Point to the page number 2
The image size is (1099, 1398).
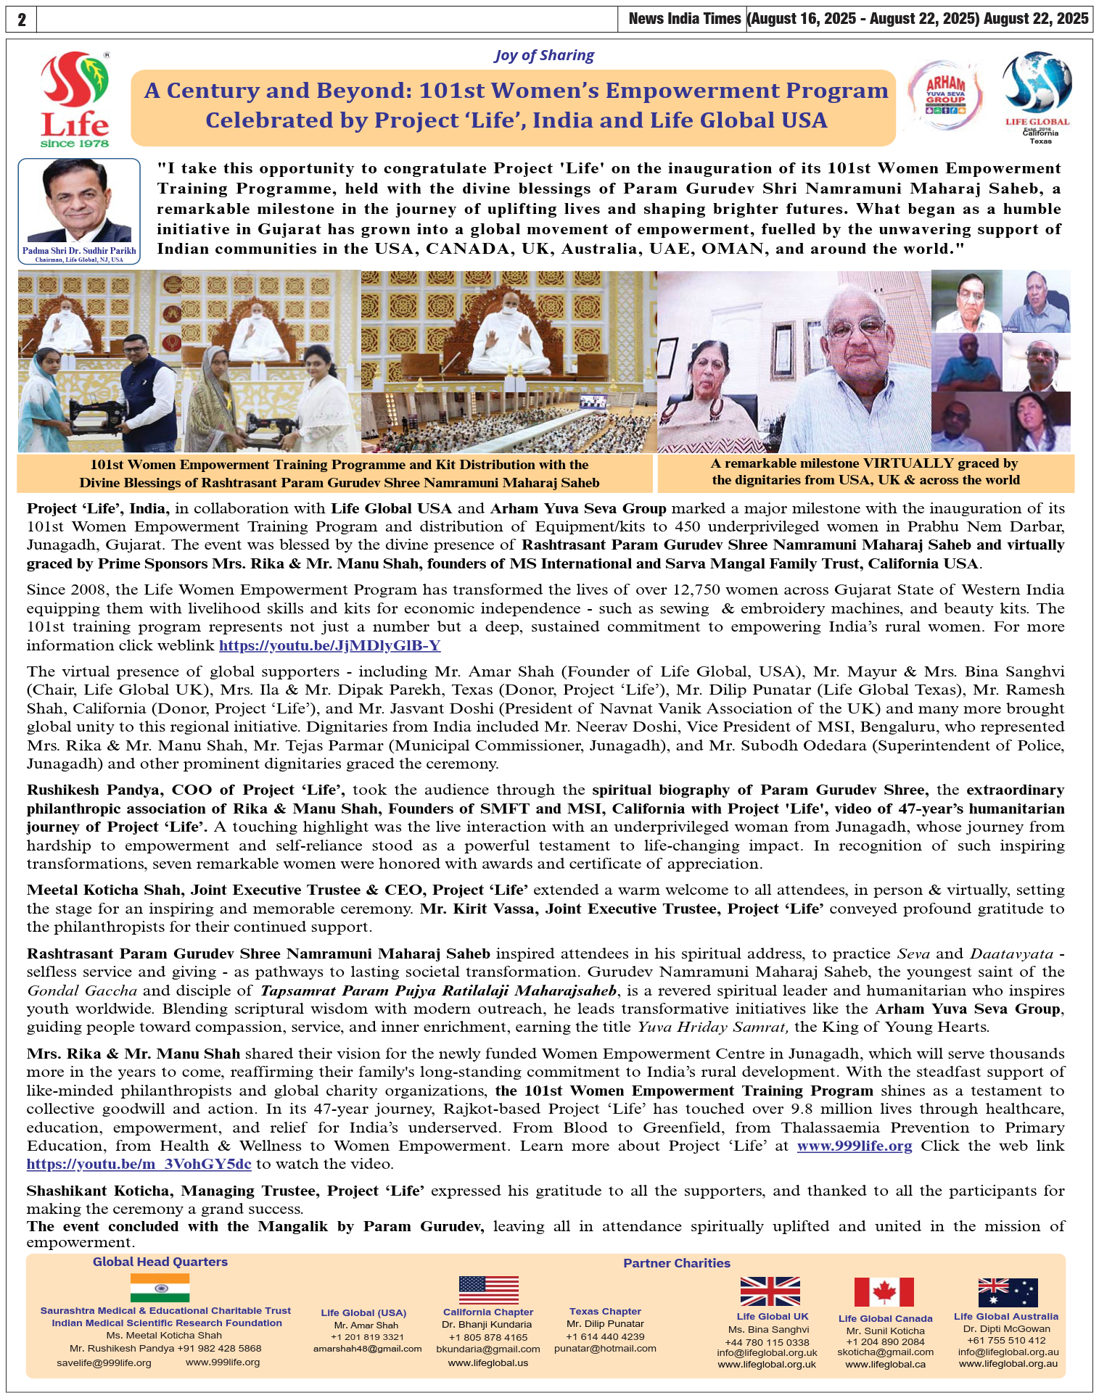pyautogui.click(x=21, y=20)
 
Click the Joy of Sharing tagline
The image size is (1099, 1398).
pyautogui.click(x=544, y=56)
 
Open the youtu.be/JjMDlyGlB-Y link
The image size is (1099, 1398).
pyautogui.click(x=329, y=645)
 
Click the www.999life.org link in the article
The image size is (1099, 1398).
pyautogui.click(x=854, y=1146)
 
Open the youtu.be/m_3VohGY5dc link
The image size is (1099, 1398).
pyautogui.click(x=139, y=1164)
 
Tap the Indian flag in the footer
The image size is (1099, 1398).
pyautogui.click(x=160, y=1288)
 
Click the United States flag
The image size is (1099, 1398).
pyautogui.click(x=488, y=1290)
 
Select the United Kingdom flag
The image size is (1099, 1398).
pyautogui.click(x=770, y=1291)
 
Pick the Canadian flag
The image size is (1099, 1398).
pyautogui.click(x=884, y=1292)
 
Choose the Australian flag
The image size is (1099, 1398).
pyautogui.click(x=1008, y=1292)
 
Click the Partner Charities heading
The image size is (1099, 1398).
pyautogui.click(x=676, y=1263)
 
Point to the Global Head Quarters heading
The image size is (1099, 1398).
pyautogui.click(x=160, y=1262)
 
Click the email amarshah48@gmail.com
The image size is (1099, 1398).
pyautogui.click(x=367, y=1349)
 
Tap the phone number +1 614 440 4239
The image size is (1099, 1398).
pyautogui.click(x=605, y=1336)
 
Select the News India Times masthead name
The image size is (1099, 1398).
pyautogui.click(x=684, y=19)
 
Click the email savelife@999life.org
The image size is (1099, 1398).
pyautogui.click(x=104, y=1362)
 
